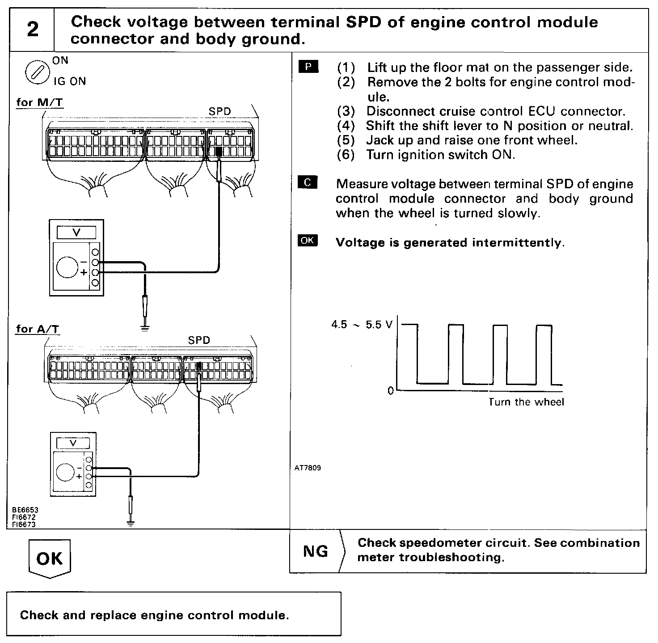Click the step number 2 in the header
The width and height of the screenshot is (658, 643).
pyautogui.click(x=32, y=30)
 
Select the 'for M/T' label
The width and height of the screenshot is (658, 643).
pyautogui.click(x=39, y=102)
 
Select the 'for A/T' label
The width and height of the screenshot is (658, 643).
pyautogui.click(x=38, y=329)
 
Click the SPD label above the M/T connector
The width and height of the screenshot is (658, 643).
pyautogui.click(x=220, y=111)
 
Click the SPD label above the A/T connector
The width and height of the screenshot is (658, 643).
pyautogui.click(x=199, y=340)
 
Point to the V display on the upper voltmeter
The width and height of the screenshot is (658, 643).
pyautogui.click(x=76, y=233)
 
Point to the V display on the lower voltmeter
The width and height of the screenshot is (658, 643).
pyautogui.click(x=73, y=443)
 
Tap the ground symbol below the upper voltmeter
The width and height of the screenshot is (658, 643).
pyautogui.click(x=144, y=328)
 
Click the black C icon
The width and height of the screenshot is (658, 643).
pyautogui.click(x=308, y=182)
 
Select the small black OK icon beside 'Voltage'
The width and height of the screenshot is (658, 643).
pyautogui.click(x=308, y=241)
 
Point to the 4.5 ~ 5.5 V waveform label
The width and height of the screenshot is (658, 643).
pyautogui.click(x=361, y=325)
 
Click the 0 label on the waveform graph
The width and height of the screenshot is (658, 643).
pyautogui.click(x=391, y=391)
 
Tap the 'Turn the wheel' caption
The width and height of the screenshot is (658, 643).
pyautogui.click(x=526, y=402)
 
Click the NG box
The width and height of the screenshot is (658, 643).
pyautogui.click(x=316, y=551)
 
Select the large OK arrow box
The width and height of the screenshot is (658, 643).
pyautogui.click(x=50, y=558)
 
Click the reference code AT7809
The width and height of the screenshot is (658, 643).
pyautogui.click(x=308, y=468)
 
